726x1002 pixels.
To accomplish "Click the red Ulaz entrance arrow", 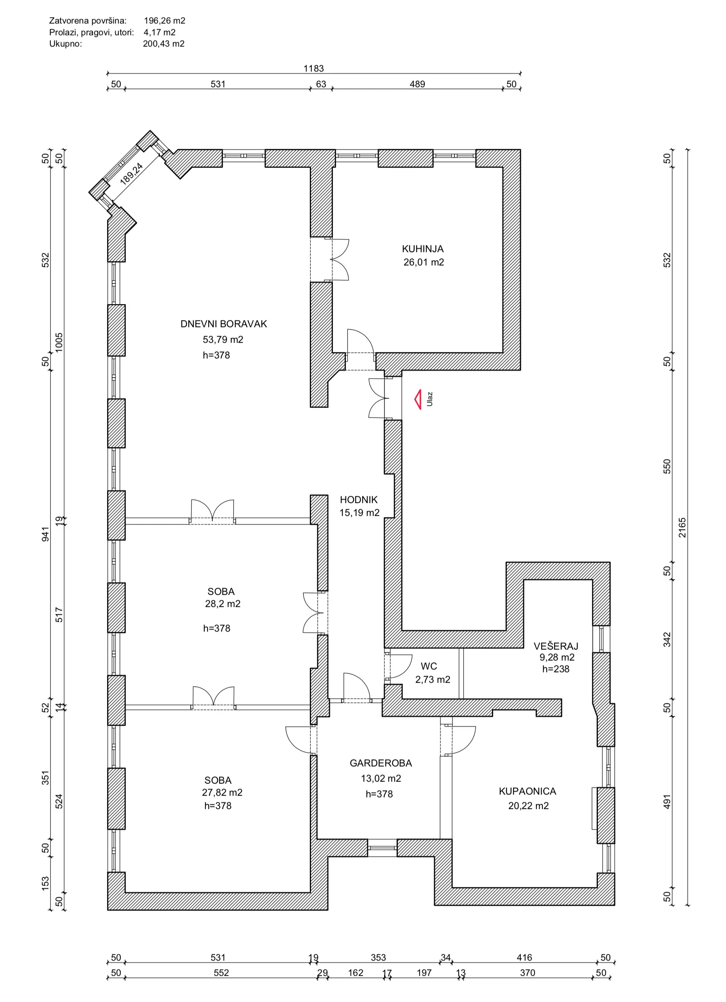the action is [418, 399].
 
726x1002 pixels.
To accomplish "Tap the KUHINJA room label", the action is [423, 249].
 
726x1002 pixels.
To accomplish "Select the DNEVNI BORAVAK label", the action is [224, 324].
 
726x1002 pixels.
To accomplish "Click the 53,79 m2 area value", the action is [223, 339].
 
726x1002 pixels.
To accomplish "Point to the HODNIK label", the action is [359, 500].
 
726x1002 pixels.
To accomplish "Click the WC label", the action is [429, 666].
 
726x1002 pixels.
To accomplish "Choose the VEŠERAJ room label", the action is [556, 646].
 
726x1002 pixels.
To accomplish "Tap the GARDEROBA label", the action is [381, 763].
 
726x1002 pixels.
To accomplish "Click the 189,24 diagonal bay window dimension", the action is [132, 173].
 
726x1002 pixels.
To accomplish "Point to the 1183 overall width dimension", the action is [313, 68].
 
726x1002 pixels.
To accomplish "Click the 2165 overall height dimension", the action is [682, 528].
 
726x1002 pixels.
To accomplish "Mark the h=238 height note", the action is [556, 669].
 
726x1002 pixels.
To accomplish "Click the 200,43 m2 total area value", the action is [164, 44].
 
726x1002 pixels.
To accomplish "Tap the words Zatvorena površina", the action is [88, 21].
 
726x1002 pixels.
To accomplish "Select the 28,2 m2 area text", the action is [223, 604].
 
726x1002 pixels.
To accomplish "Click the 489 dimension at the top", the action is [417, 84].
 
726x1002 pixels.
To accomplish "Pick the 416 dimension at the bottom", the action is [524, 957].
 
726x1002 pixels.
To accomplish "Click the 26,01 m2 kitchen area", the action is [424, 262].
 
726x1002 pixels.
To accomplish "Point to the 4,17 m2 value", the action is [159, 32].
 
